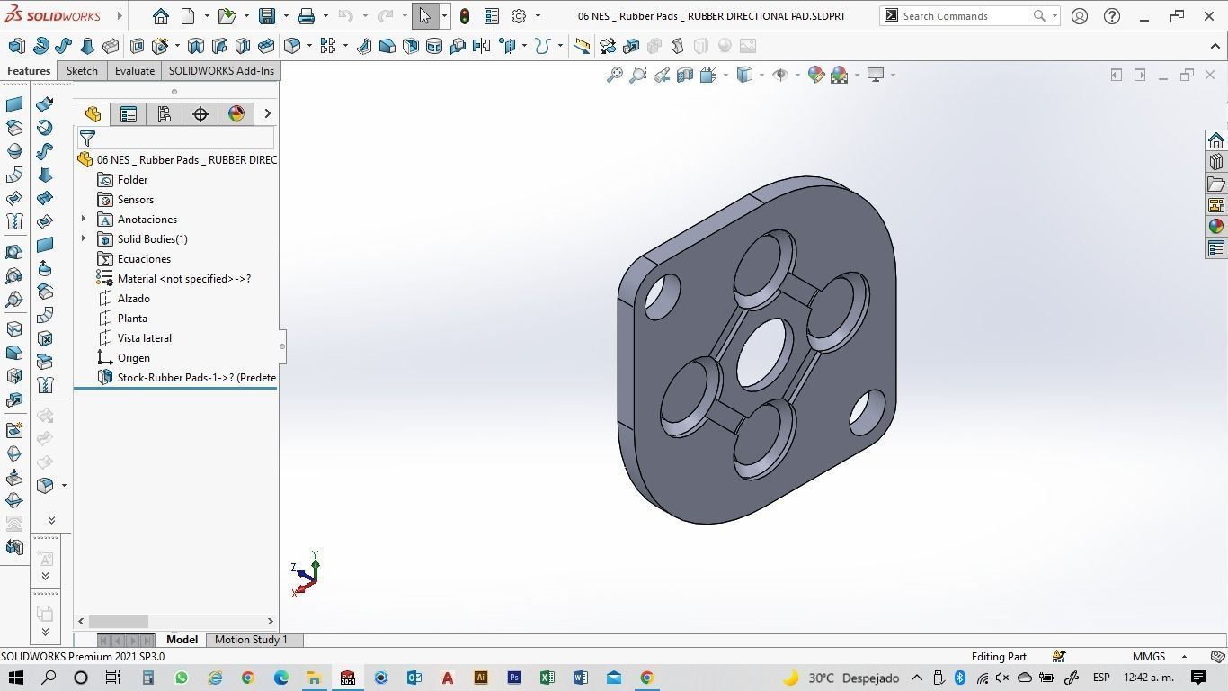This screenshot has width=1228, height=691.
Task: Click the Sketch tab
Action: coord(82,71)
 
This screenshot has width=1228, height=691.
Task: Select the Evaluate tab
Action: coord(134,71)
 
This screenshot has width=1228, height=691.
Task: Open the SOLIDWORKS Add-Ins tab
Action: coord(221,71)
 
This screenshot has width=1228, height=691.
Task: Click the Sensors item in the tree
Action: coord(135,200)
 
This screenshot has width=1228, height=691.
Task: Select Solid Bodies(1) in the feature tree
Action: coord(152,239)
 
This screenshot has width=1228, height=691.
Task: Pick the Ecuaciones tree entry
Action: coord(144,259)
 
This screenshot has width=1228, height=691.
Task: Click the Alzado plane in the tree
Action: coord(133,299)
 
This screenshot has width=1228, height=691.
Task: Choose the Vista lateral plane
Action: coord(144,338)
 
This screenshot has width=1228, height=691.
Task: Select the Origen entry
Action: coord(133,358)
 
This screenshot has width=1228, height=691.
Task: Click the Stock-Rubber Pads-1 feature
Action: coord(196,378)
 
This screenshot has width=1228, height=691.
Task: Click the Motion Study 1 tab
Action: coord(251,640)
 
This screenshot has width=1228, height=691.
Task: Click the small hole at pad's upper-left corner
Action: coord(663,296)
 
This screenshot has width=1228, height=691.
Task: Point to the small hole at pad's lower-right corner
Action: coord(867,412)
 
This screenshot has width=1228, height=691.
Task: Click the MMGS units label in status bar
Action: coord(1149,657)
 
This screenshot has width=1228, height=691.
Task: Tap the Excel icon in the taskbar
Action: coord(547,678)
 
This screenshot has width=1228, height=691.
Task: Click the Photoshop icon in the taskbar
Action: coord(513,678)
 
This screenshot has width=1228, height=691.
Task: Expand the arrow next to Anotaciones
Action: coord(84,220)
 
